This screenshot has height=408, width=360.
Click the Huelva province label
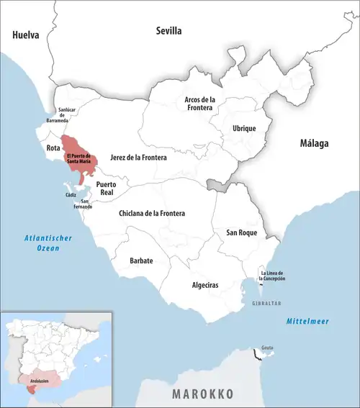pos(25,34)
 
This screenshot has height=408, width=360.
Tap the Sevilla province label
pos(169,31)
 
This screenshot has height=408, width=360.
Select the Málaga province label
pos(314,144)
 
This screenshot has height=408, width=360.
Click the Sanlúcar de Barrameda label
pos(66,114)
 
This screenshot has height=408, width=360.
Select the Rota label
pos(53,148)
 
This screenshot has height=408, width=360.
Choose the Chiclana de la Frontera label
pos(151,214)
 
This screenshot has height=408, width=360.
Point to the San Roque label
pos(242,232)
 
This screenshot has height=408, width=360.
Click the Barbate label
pos(141,260)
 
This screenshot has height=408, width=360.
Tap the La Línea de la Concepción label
pos(273,276)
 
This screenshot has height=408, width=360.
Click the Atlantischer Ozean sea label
pos(40,243)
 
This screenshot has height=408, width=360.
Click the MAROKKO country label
pos(202,394)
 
